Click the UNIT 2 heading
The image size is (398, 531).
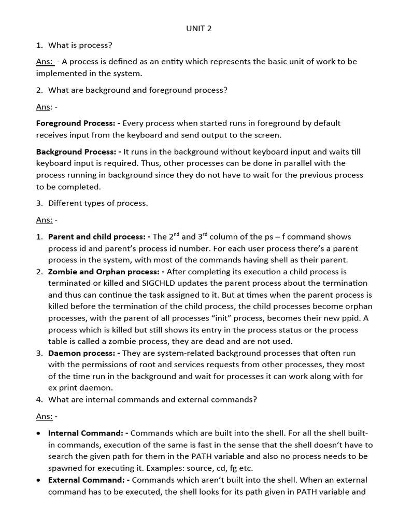[x=199, y=29]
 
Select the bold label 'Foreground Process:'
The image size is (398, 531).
[x=78, y=123]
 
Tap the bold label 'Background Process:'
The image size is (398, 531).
[x=78, y=152]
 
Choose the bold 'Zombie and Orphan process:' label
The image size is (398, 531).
[x=104, y=272]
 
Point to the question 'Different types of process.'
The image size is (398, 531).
[x=98, y=203]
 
